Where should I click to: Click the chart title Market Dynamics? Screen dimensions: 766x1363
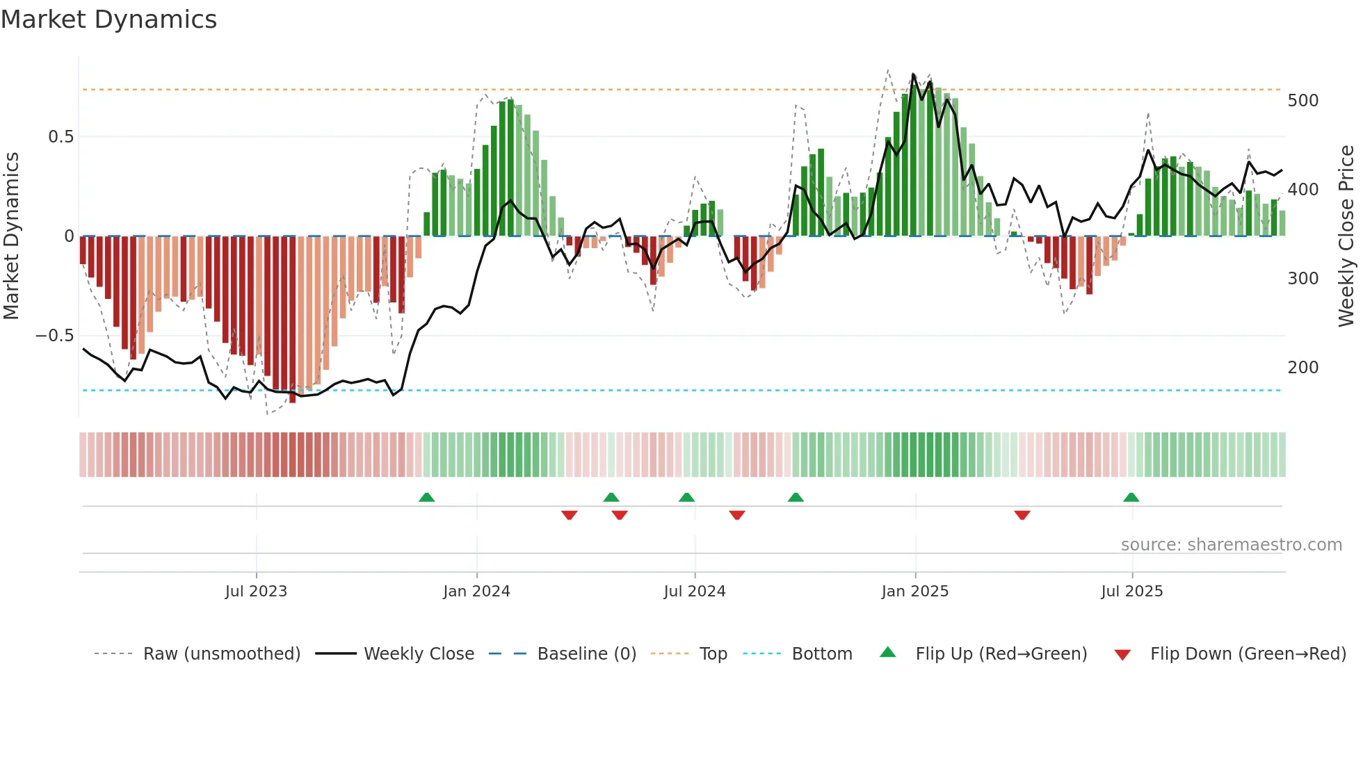[x=109, y=19]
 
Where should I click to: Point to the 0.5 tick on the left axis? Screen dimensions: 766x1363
[x=61, y=137]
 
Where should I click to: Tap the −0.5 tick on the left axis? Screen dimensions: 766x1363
[x=54, y=336]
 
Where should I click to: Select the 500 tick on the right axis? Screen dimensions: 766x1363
[x=1302, y=101]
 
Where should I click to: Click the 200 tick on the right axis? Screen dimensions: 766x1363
[x=1302, y=368]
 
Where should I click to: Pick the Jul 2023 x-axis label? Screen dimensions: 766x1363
[x=256, y=592]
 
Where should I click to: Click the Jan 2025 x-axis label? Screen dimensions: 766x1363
[x=914, y=592]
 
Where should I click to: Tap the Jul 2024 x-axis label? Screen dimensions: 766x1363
[x=694, y=592]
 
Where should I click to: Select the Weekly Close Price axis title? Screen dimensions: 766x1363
[x=1346, y=236]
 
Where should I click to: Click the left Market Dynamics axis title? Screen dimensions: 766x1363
[x=11, y=236]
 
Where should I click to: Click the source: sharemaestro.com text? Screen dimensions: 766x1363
[x=1231, y=545]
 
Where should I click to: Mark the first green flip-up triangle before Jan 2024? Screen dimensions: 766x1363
[x=426, y=498]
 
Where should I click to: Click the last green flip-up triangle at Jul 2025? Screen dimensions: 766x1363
[x=1131, y=498]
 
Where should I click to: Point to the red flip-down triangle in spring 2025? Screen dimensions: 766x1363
[x=1022, y=515]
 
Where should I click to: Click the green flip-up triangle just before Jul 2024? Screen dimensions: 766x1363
[x=686, y=498]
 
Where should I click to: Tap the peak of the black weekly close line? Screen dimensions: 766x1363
[x=913, y=74]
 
